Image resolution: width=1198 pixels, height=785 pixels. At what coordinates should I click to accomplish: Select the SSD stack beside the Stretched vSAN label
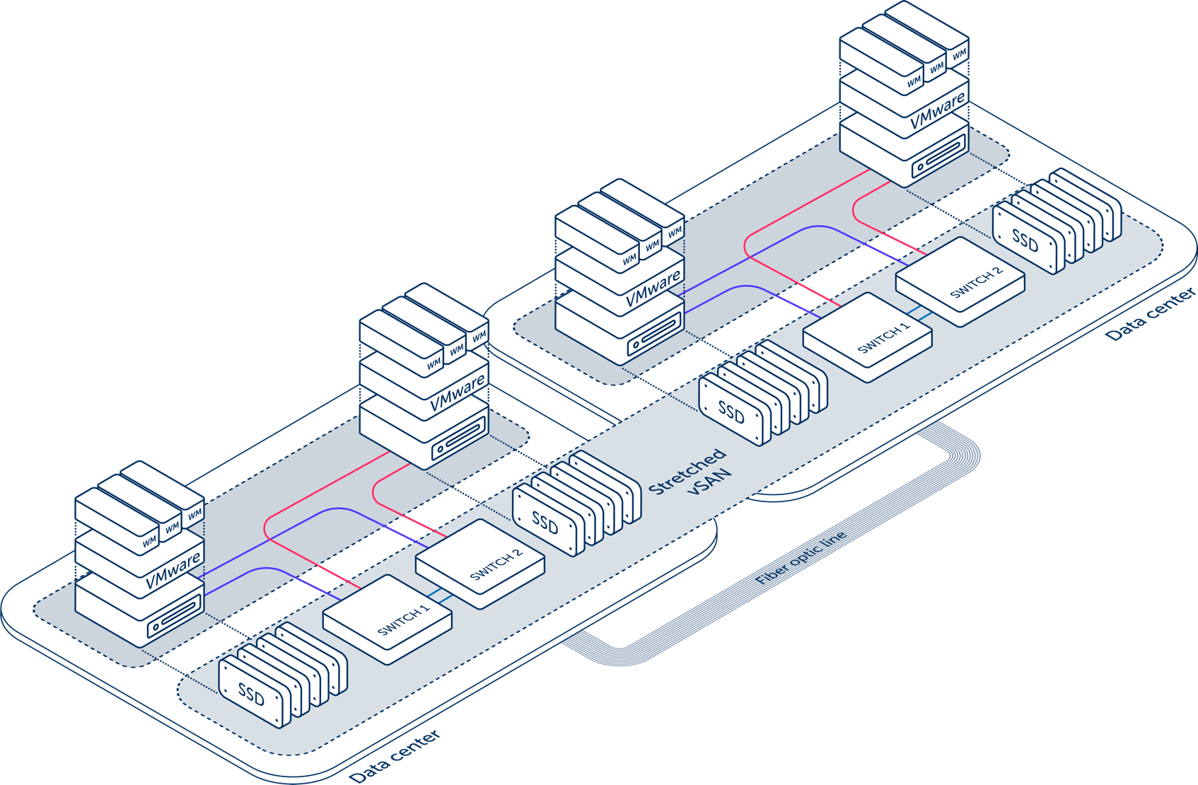[576, 504]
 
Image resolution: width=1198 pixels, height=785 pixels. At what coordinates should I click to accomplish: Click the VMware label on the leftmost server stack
[173, 571]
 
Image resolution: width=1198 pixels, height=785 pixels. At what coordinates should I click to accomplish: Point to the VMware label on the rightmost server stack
[937, 112]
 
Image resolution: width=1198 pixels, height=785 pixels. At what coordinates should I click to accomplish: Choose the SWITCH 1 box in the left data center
[388, 620]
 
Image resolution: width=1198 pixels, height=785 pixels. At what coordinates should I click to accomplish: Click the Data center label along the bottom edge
[395, 756]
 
